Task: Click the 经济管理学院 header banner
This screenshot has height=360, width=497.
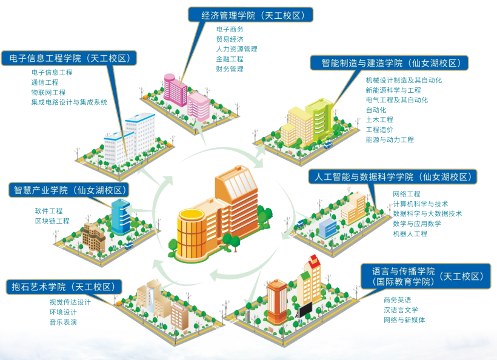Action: [251, 15]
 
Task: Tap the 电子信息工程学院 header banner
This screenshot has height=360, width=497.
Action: [69, 58]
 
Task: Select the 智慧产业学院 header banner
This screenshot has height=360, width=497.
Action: [69, 190]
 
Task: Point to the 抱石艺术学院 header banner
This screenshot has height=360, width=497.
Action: [64, 287]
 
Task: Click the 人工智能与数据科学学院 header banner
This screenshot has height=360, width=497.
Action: [393, 176]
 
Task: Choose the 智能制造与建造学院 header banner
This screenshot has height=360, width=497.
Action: [389, 63]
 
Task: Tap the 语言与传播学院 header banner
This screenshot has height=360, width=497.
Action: [425, 276]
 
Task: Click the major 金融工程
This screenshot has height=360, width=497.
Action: [230, 59]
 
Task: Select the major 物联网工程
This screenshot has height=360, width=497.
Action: [48, 92]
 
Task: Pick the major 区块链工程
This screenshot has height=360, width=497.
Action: [52, 221]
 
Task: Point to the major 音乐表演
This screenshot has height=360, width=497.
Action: [63, 322]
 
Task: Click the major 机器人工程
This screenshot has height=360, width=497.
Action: [410, 233]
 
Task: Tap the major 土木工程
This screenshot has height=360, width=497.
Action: [379, 119]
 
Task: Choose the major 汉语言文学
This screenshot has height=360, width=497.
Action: [401, 310]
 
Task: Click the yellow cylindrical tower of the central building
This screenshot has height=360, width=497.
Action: [191, 235]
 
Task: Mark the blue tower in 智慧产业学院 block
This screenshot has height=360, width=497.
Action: [121, 217]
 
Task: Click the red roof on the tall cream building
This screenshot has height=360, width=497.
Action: [313, 261]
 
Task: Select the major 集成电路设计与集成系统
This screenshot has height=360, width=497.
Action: [69, 102]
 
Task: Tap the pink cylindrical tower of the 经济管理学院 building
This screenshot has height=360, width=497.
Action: [170, 88]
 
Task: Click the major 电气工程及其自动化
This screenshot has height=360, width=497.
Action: [397, 100]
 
